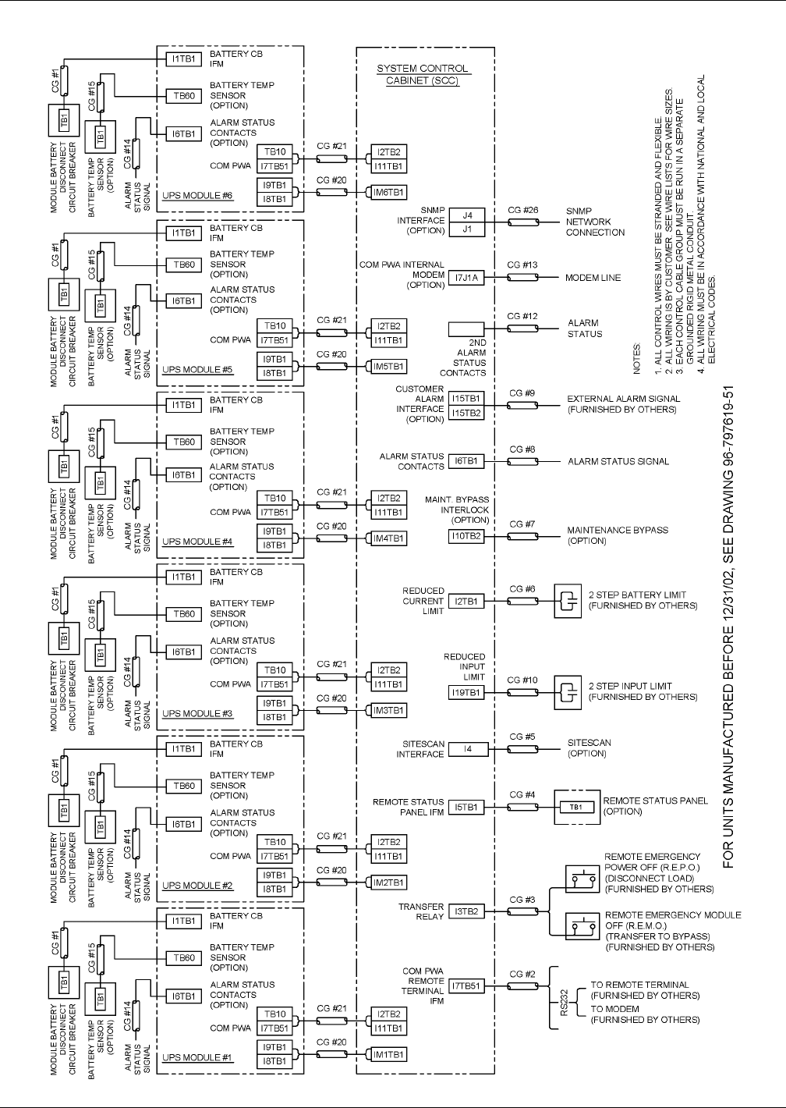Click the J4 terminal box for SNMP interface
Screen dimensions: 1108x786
[467, 215]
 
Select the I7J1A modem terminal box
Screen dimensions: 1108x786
[467, 278]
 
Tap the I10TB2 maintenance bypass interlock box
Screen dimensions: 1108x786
[467, 536]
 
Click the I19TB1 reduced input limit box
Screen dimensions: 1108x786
[467, 691]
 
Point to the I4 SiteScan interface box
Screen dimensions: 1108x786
[467, 749]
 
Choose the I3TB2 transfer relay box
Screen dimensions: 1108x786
[467, 911]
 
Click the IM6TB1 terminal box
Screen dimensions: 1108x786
[388, 192]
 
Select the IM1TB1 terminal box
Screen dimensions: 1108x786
[388, 1055]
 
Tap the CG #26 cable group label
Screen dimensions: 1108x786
[522, 210]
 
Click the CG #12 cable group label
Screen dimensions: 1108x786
[522, 316]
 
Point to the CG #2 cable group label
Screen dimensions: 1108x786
[522, 974]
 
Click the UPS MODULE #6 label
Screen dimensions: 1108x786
[197, 195]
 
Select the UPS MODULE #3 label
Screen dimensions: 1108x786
[197, 713]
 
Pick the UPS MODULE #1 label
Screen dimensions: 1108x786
[197, 1058]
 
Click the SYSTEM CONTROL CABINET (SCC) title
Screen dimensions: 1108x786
[423, 74]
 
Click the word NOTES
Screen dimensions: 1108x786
[637, 355]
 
